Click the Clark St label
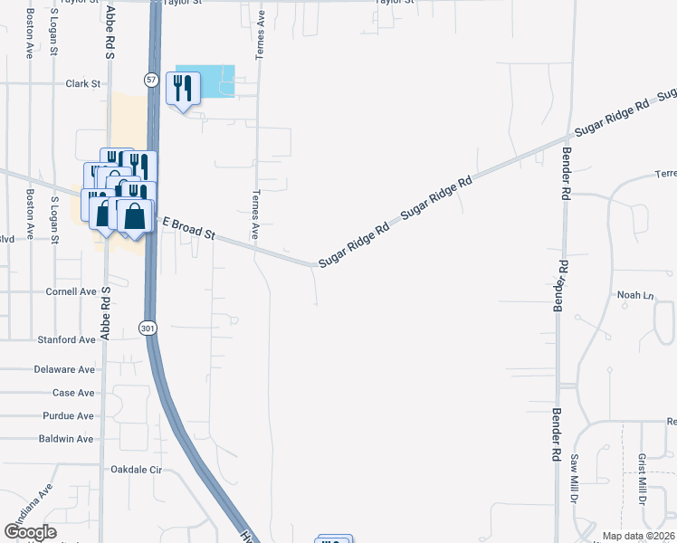coord(82,83)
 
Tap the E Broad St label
coord(188,228)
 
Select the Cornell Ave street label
coord(71,292)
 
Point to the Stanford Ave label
coord(66,340)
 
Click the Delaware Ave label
coord(64,370)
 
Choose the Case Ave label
coord(73,393)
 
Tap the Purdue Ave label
coord(68,416)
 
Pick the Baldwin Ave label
coord(66,439)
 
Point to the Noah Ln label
coord(634,295)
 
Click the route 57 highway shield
coord(151,81)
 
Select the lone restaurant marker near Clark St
coord(184,90)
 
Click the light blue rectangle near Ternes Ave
coord(205,81)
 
